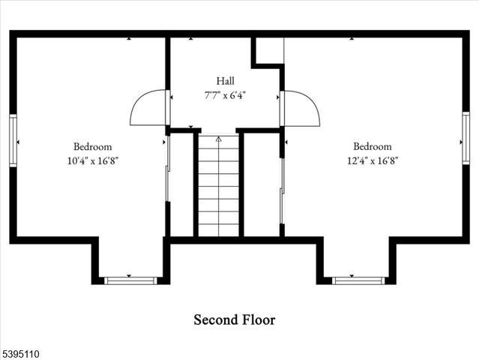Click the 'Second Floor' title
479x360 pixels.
pos(234,320)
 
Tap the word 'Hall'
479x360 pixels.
pos(226,81)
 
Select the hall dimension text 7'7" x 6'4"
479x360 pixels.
pos(225,95)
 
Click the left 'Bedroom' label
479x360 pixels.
pos(92,147)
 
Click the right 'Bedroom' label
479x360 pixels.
pos(373,147)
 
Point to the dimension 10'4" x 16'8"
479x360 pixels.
pos(92,160)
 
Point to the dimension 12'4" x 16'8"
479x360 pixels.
pos(373,160)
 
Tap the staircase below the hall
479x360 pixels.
pos(219,187)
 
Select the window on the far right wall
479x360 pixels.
pos(466,138)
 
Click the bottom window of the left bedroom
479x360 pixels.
pos(130,280)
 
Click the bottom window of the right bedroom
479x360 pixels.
pos(358,280)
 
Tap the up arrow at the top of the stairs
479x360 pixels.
pos(219,139)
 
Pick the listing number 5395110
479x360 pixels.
pos(25,350)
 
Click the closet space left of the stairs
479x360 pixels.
pos(182,184)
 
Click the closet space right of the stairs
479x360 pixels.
pos(262,184)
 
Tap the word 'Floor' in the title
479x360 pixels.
pos(256,320)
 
